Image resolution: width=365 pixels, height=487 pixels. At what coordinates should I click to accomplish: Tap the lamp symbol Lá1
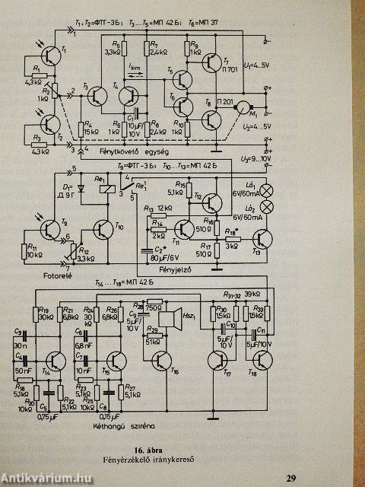(268, 190)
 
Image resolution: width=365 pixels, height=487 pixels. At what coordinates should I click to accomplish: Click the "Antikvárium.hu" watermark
(46, 478)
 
